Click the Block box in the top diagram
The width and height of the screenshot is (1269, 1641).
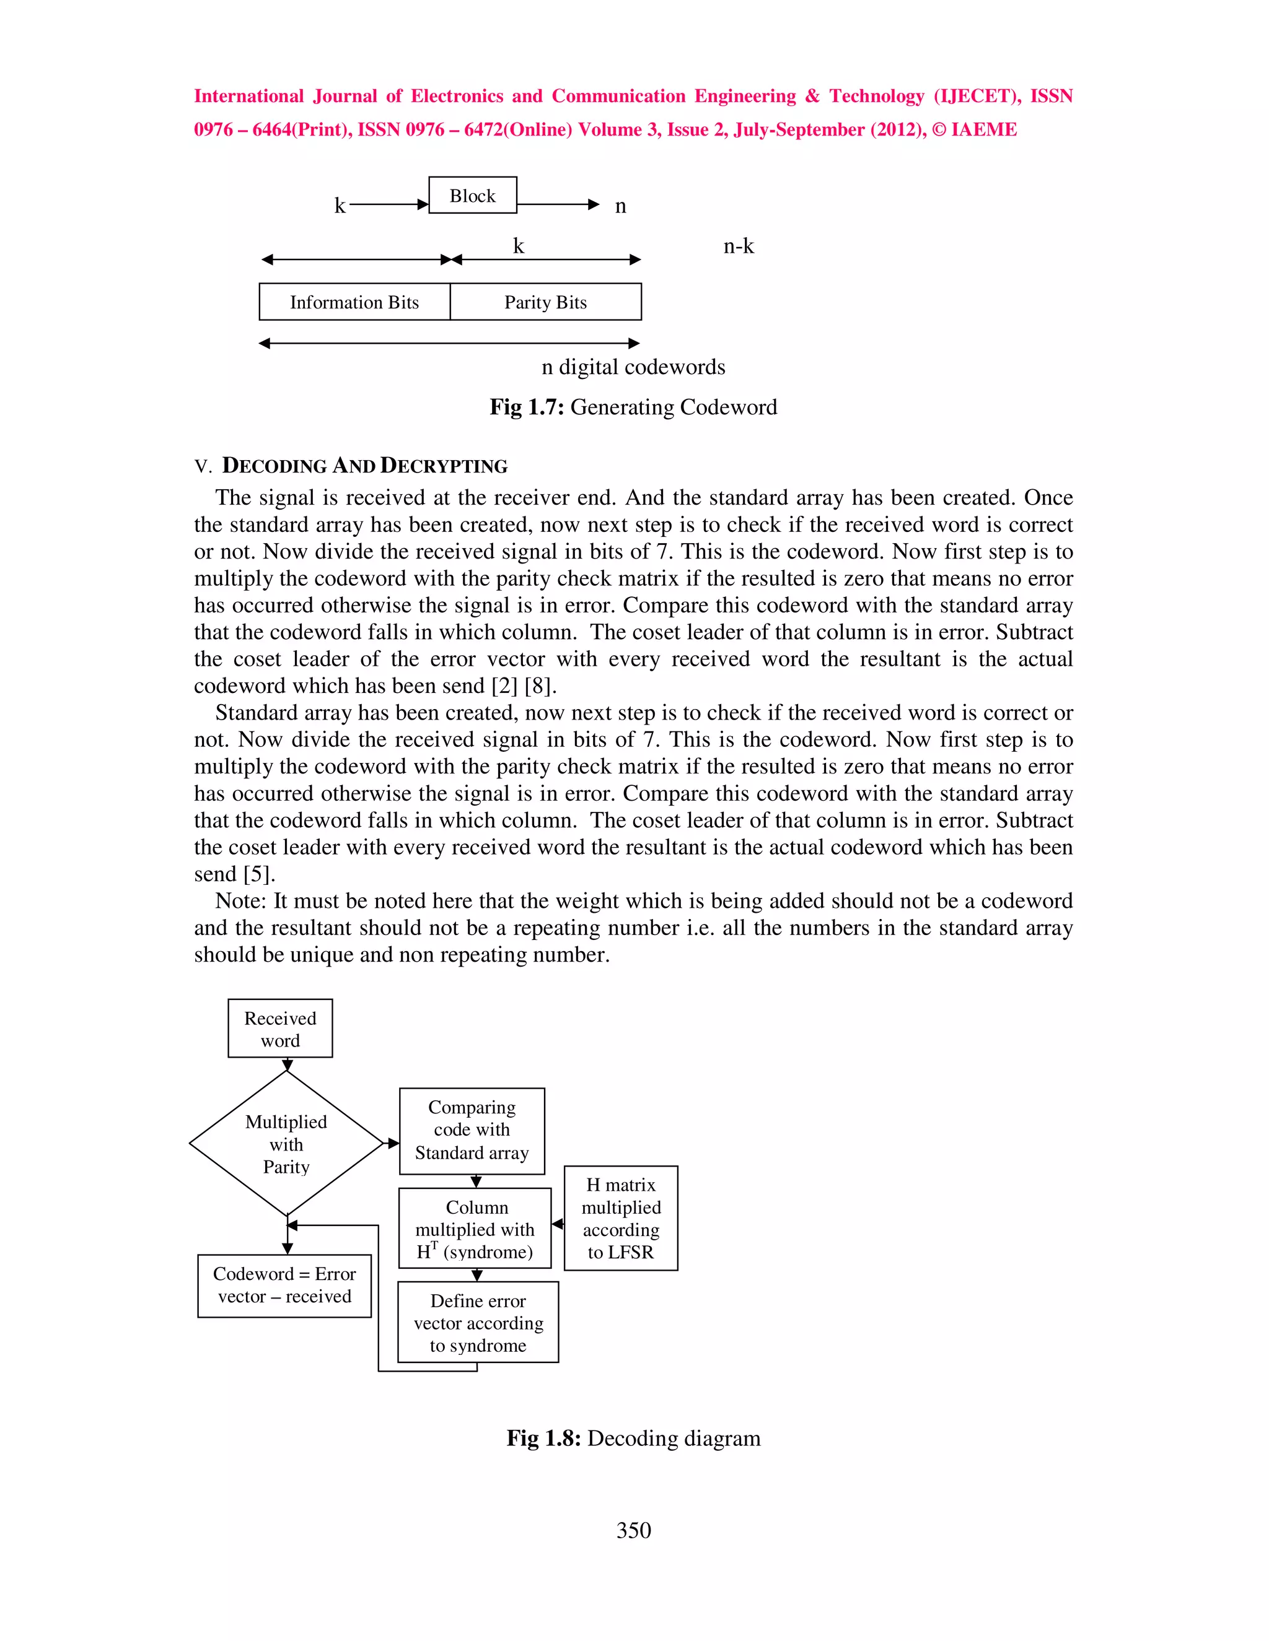pyautogui.click(x=472, y=195)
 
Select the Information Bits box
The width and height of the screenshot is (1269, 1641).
pyautogui.click(x=354, y=302)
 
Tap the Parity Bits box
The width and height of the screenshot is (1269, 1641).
pyautogui.click(x=545, y=302)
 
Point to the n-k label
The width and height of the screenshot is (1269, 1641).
pyautogui.click(x=738, y=246)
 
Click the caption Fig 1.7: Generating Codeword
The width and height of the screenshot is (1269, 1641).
pyautogui.click(x=633, y=407)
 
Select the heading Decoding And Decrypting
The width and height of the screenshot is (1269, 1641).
pyautogui.click(x=364, y=466)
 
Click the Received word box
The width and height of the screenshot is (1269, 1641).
pyautogui.click(x=279, y=1029)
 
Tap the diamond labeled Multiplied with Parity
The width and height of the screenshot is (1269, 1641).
pyautogui.click(x=286, y=1144)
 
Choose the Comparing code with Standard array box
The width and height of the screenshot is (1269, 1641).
pyautogui.click(x=472, y=1131)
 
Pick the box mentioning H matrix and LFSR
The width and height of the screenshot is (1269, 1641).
pyautogui.click(x=620, y=1218)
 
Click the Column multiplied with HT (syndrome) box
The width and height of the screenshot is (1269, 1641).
pyautogui.click(x=475, y=1229)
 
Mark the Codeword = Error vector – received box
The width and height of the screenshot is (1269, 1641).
pyautogui.click(x=284, y=1286)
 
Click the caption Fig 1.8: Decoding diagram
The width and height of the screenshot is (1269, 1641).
pyautogui.click(x=633, y=1438)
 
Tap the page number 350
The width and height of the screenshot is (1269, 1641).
pyautogui.click(x=633, y=1531)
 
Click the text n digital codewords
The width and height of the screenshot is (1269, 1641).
pyautogui.click(x=633, y=367)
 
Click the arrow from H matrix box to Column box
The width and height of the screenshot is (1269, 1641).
pyautogui.click(x=557, y=1224)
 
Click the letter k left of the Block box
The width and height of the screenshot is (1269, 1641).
pyautogui.click(x=340, y=206)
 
